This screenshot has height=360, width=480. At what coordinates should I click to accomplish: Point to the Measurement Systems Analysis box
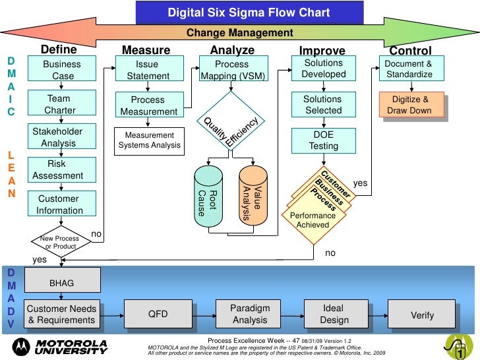click(149, 140)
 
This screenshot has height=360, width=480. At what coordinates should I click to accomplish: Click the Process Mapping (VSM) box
click(231, 71)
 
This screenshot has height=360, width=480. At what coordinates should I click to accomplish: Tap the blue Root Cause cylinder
click(210, 196)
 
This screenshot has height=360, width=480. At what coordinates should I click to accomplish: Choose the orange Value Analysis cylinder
click(254, 196)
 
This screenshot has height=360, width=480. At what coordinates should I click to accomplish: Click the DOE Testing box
click(324, 140)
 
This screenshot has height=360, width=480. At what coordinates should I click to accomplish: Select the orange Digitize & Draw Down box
click(410, 105)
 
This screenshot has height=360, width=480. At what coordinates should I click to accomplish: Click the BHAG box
click(62, 283)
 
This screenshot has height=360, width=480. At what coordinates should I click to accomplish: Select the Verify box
click(422, 315)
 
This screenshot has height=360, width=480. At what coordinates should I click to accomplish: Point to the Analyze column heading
click(232, 51)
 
